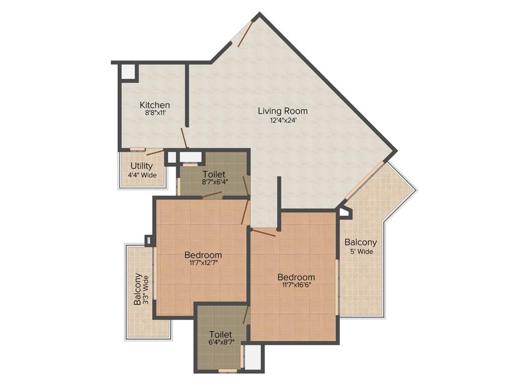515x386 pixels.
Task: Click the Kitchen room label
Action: pyautogui.click(x=154, y=105)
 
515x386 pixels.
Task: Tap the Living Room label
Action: pyautogui.click(x=283, y=111)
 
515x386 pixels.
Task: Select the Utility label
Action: pyautogui.click(x=142, y=166)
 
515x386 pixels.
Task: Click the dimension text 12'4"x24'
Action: pyautogui.click(x=283, y=120)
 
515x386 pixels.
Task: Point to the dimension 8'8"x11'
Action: pyautogui.click(x=155, y=114)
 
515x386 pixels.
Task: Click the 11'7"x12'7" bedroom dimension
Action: pyautogui.click(x=203, y=262)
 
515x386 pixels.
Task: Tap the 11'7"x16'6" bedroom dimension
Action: pyautogui.click(x=297, y=285)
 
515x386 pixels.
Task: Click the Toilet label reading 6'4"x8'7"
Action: pyautogui.click(x=220, y=334)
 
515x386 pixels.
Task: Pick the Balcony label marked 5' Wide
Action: pyautogui.click(x=361, y=242)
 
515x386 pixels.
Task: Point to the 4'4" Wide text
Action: pyautogui.click(x=142, y=175)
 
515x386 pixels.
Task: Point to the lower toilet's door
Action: pyautogui.click(x=245, y=316)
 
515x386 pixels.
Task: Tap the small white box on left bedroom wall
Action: pyautogui.click(x=148, y=240)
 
